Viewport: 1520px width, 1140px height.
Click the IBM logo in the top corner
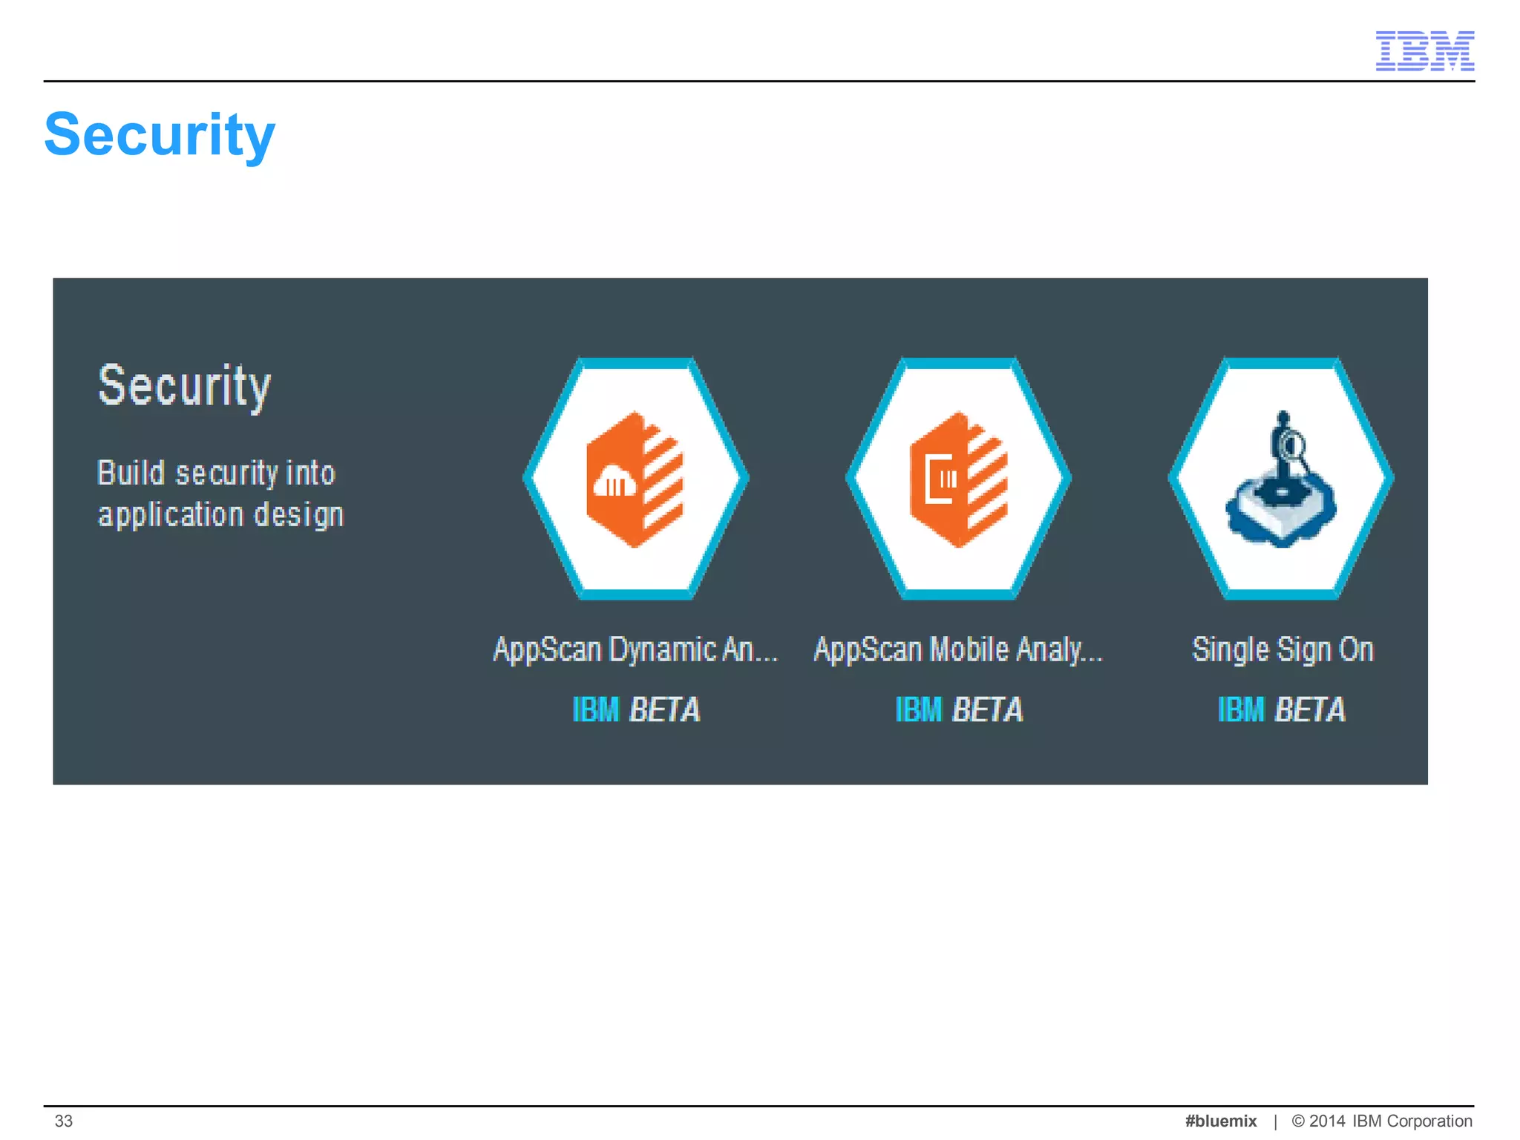[1424, 50]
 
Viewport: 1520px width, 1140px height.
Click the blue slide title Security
[160, 135]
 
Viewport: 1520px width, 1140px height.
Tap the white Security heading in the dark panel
[184, 386]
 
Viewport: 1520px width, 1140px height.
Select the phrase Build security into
[216, 473]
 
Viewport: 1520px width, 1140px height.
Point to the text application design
[221, 514]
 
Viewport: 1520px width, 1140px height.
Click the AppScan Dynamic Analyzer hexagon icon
[636, 479]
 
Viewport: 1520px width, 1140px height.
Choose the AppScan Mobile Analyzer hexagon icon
[958, 479]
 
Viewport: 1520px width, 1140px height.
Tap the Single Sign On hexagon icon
[1281, 479]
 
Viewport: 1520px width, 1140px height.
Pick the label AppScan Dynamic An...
[635, 649]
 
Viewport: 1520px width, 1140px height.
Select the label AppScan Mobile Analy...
[958, 649]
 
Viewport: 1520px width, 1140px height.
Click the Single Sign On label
[1282, 649]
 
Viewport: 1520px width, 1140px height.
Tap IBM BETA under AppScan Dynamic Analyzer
[636, 710]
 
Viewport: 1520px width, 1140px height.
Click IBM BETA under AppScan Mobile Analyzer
[959, 710]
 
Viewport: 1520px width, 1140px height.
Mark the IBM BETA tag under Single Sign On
[1282, 710]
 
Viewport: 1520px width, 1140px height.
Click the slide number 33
[64, 1121]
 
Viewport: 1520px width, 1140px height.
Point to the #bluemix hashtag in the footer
[1221, 1121]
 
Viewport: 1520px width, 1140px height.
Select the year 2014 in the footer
[1327, 1121]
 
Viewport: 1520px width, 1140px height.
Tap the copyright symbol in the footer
[1298, 1121]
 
